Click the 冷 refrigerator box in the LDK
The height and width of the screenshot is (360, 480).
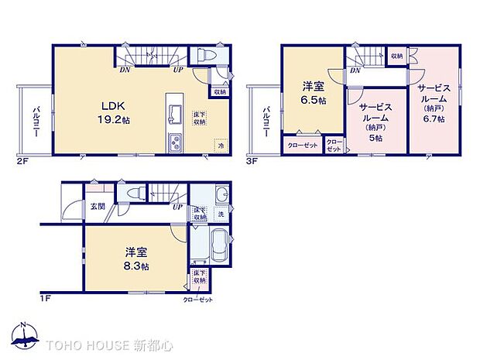tap(221, 146)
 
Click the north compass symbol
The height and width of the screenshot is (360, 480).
tap(25, 334)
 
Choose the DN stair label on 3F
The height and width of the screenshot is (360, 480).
tap(354, 70)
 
